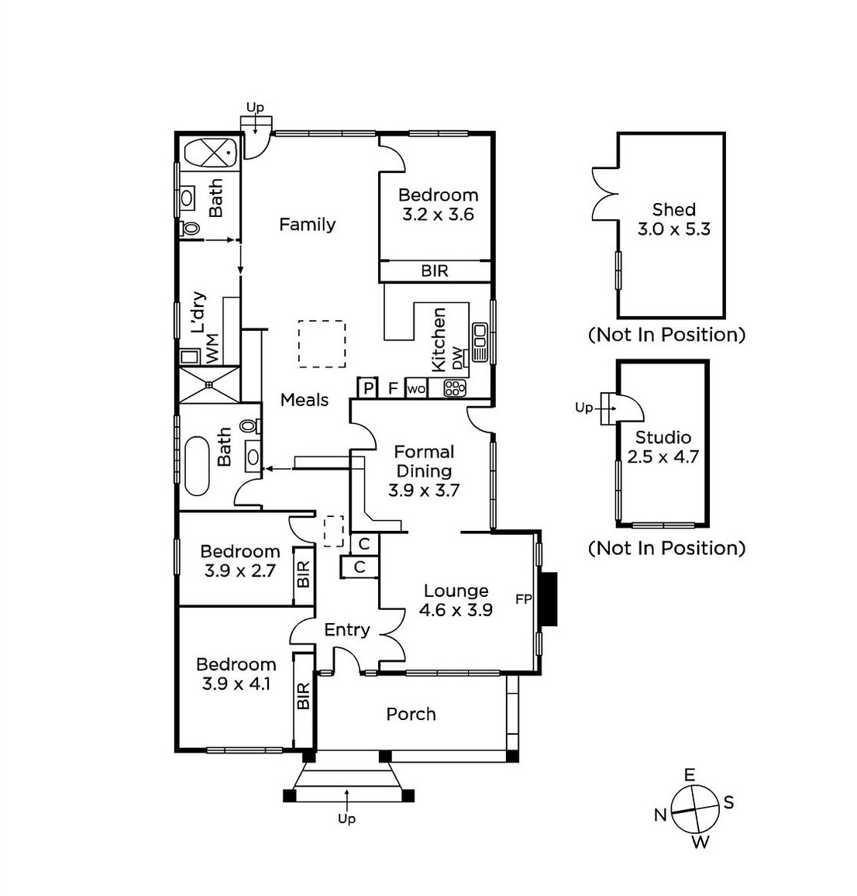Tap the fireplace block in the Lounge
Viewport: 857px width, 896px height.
coord(549,599)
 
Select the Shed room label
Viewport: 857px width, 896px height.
coord(673,209)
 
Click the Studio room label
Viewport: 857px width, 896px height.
coord(663,437)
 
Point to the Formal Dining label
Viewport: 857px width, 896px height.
coord(424,461)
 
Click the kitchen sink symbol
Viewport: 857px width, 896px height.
coord(480,342)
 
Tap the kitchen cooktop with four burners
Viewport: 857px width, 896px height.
coord(455,388)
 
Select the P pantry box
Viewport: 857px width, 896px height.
coord(368,388)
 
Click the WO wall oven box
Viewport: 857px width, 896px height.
coord(416,389)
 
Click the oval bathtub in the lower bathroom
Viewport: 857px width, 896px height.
coord(196,466)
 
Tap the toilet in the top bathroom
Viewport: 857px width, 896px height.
coord(188,229)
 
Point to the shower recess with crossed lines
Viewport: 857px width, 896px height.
coord(209,384)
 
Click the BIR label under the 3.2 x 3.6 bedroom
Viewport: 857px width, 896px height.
coord(435,271)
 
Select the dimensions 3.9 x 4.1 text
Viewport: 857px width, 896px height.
coord(236,684)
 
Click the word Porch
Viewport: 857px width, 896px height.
coord(411,714)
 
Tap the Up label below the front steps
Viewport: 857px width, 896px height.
coord(346,818)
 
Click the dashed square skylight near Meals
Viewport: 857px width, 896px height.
coord(322,343)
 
